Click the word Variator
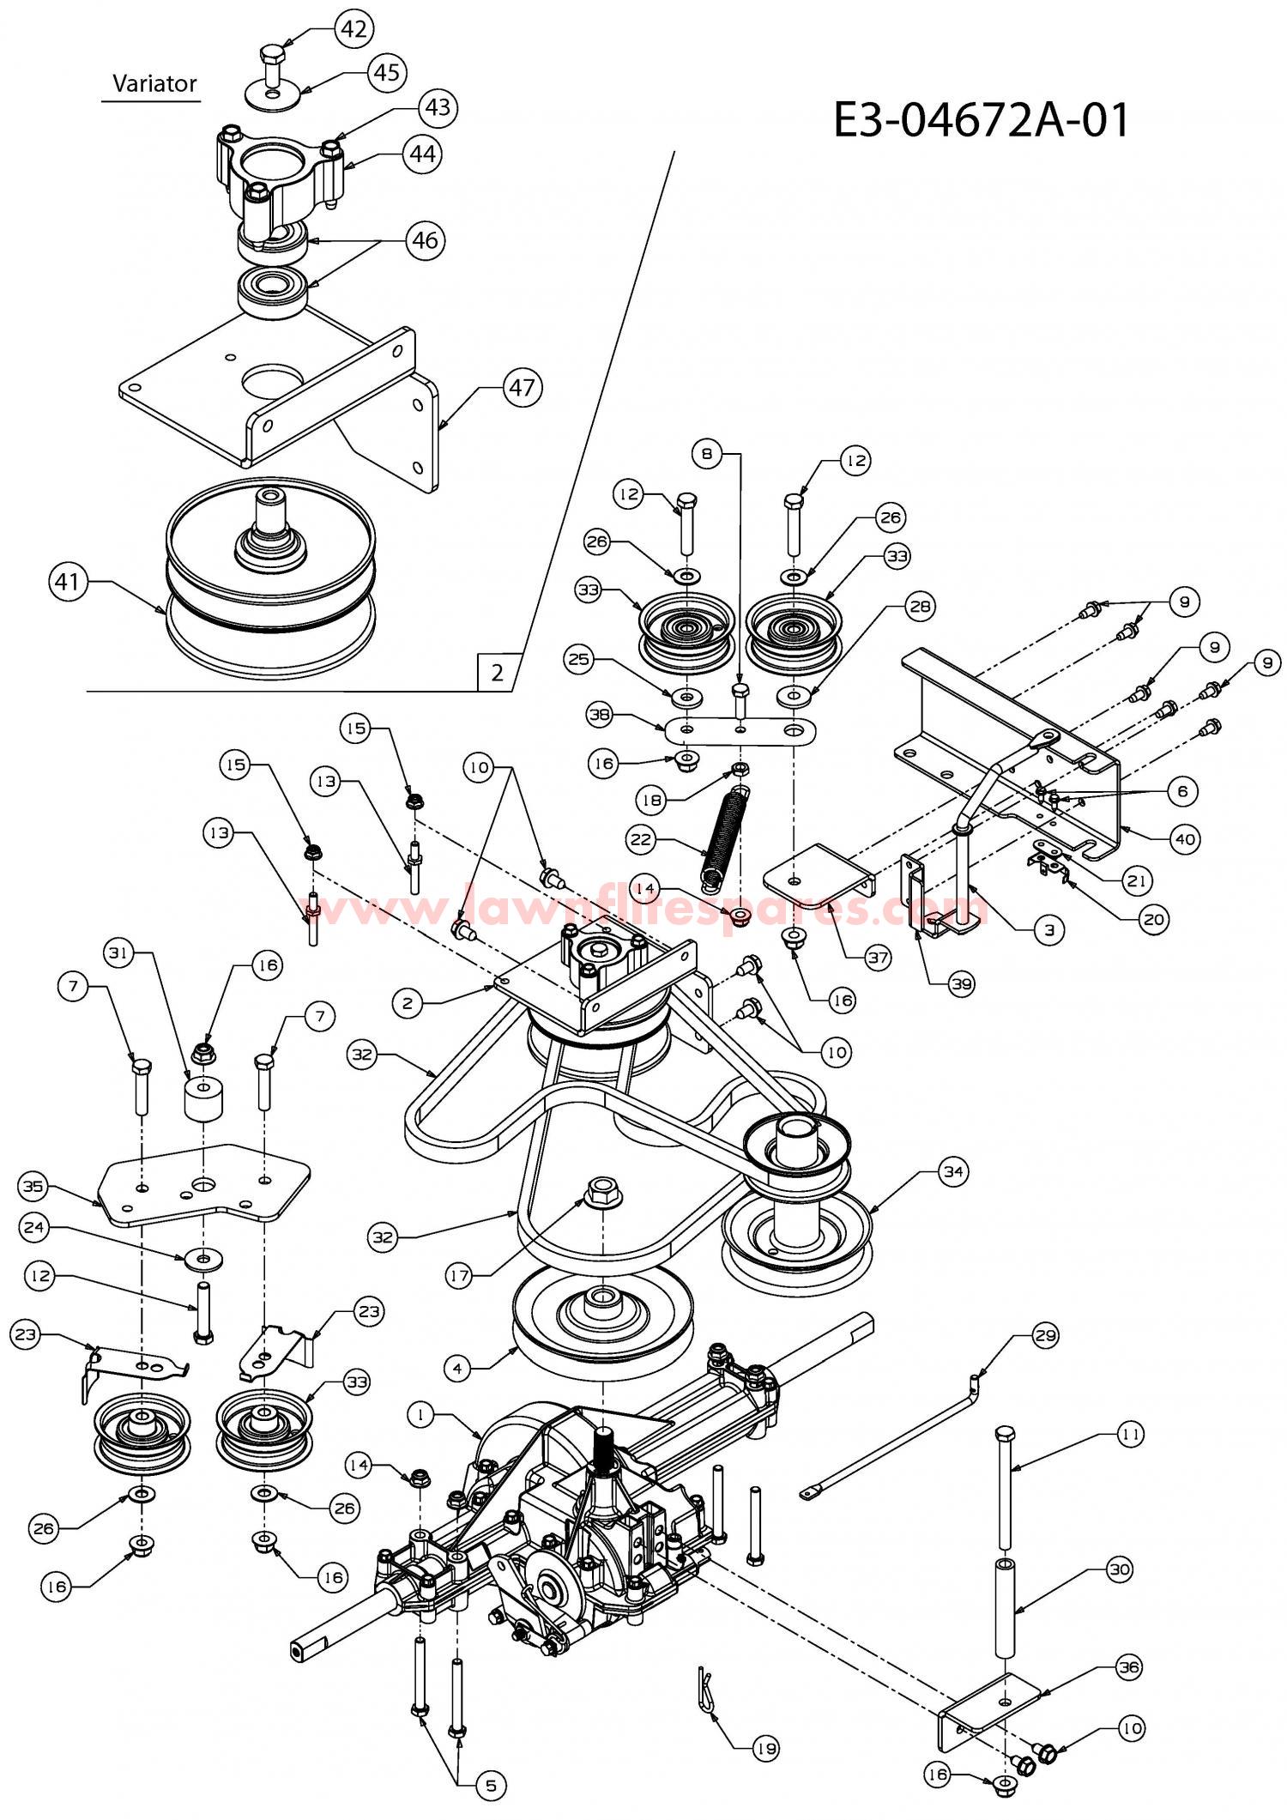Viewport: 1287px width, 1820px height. click(154, 83)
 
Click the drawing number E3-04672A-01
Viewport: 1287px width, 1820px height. click(982, 120)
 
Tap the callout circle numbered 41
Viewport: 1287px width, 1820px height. click(67, 583)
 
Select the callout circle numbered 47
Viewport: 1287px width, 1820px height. click(522, 388)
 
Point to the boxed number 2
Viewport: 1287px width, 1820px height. click(497, 673)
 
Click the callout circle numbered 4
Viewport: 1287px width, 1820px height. click(457, 1369)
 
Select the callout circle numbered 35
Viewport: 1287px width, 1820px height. click(32, 1187)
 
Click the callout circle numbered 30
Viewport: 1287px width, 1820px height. click(1119, 1570)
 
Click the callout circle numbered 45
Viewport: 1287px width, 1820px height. click(387, 72)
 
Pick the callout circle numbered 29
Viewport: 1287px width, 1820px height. click(1046, 1335)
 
